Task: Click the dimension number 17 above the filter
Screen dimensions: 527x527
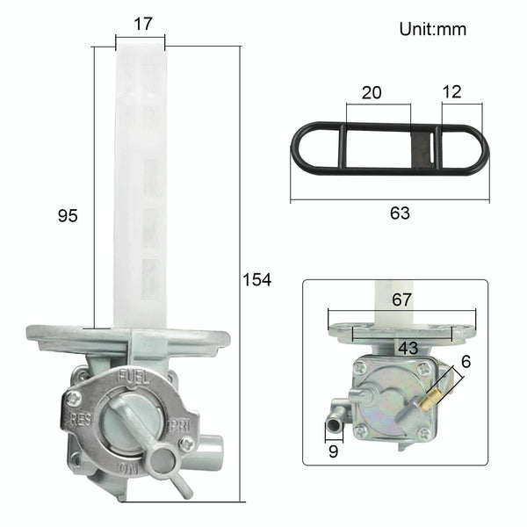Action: click(143, 25)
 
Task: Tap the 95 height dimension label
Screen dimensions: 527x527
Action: click(68, 215)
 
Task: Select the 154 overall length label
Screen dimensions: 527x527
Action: click(256, 280)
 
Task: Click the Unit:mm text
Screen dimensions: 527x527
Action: click(433, 29)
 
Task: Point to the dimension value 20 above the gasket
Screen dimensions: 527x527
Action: click(372, 92)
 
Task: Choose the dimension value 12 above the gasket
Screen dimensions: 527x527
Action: click(452, 91)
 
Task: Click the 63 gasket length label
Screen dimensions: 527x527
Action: click(400, 213)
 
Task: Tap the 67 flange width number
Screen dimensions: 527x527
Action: click(401, 300)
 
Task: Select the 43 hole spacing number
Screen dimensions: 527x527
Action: click(408, 348)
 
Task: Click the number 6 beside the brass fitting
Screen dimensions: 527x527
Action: click(466, 362)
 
